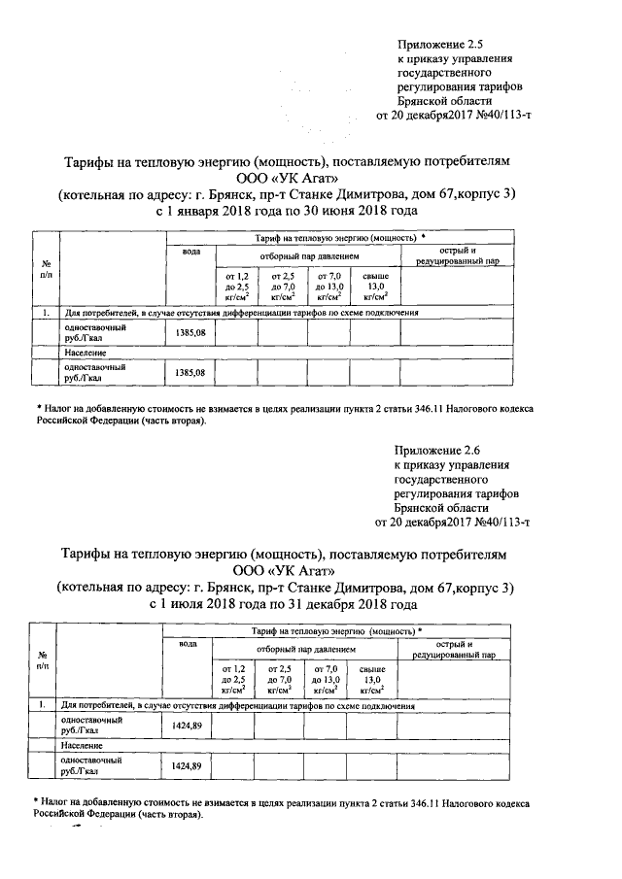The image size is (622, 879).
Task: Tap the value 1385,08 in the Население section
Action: [190, 372]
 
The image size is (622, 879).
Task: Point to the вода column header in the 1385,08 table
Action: [191, 253]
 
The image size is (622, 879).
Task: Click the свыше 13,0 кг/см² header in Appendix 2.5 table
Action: [375, 289]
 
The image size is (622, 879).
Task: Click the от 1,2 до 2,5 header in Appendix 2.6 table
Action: [233, 680]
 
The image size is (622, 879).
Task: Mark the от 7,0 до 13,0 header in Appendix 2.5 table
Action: [329, 289]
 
